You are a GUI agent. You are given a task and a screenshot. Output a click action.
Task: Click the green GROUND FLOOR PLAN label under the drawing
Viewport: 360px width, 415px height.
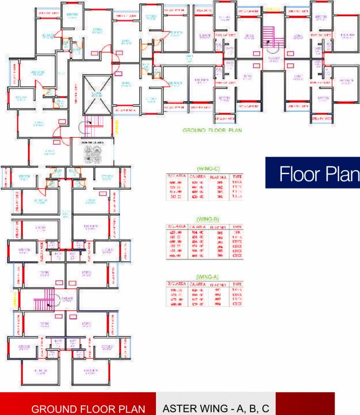point(212,130)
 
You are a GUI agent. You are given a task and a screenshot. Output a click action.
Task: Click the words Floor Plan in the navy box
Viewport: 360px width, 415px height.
point(319,173)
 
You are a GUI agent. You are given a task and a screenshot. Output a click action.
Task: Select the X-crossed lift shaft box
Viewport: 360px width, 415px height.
point(98,95)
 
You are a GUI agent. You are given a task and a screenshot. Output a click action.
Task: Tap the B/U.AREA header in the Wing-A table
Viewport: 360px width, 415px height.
point(176,283)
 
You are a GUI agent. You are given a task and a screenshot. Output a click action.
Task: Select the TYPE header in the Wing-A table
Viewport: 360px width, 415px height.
point(237,283)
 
